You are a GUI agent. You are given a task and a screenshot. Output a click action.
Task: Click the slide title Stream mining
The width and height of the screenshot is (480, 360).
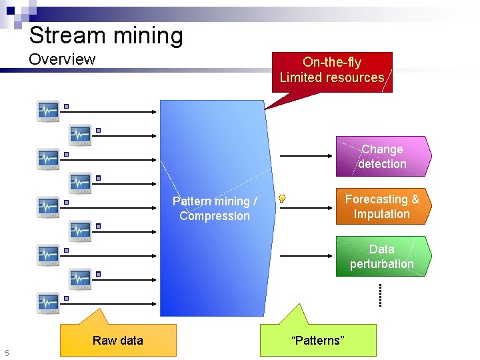coord(105,35)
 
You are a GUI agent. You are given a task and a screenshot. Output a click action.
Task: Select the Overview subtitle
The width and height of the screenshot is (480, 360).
coord(62,59)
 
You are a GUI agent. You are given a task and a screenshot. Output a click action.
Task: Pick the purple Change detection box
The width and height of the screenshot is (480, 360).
coord(382,157)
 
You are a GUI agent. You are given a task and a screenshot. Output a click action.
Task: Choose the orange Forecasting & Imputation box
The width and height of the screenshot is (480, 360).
coord(382,207)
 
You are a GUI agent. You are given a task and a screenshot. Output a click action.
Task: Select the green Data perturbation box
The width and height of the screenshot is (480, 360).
coord(382,257)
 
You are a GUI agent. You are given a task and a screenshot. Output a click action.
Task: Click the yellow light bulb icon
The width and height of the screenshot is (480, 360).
coord(283,198)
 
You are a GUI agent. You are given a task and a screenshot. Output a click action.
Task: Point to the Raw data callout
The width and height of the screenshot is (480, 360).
coord(118,340)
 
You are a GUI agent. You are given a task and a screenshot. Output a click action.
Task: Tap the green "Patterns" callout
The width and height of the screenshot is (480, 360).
coord(318,340)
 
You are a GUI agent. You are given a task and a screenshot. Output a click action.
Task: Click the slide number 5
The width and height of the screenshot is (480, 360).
coord(7,353)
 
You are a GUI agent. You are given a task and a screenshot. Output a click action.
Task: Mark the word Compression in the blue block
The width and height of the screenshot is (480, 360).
coord(214,216)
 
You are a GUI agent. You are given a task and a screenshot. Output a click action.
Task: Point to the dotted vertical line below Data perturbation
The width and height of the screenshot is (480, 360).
coord(380,294)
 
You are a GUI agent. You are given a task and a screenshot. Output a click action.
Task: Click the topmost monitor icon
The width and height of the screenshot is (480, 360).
coord(48,111)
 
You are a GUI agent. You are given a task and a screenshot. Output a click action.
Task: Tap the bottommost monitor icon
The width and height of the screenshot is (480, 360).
coord(48,303)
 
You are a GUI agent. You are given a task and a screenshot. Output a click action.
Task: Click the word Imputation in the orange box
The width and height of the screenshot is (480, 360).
coord(382,214)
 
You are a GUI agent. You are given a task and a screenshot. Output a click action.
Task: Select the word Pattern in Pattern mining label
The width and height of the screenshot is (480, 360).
coord(191,201)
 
